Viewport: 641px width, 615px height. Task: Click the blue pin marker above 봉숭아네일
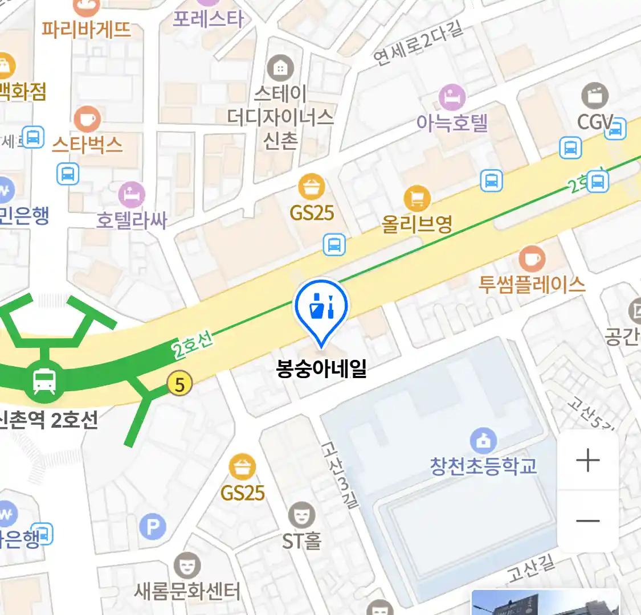(x=321, y=307)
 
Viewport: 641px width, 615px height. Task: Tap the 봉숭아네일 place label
(x=321, y=369)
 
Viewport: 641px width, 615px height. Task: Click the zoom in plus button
(x=588, y=460)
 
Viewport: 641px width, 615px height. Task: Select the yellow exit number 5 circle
(x=179, y=385)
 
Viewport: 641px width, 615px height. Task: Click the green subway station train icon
(x=44, y=380)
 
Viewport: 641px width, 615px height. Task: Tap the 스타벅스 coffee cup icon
(x=87, y=120)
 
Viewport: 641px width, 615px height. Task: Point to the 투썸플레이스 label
(x=532, y=284)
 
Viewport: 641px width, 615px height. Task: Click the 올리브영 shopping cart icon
(x=417, y=199)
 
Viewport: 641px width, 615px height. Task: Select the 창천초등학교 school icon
(x=483, y=440)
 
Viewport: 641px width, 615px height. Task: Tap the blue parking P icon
(x=152, y=527)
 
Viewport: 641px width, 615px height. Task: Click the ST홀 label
(x=301, y=540)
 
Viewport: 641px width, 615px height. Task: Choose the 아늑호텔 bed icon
(x=452, y=98)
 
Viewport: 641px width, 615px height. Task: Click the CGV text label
(x=594, y=121)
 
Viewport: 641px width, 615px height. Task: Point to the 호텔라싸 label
(x=132, y=220)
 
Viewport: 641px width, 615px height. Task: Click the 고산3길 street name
(x=340, y=474)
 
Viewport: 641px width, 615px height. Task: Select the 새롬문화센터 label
(x=187, y=592)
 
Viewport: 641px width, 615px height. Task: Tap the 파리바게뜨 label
(x=87, y=28)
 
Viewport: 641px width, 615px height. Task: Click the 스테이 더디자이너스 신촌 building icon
(x=280, y=68)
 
